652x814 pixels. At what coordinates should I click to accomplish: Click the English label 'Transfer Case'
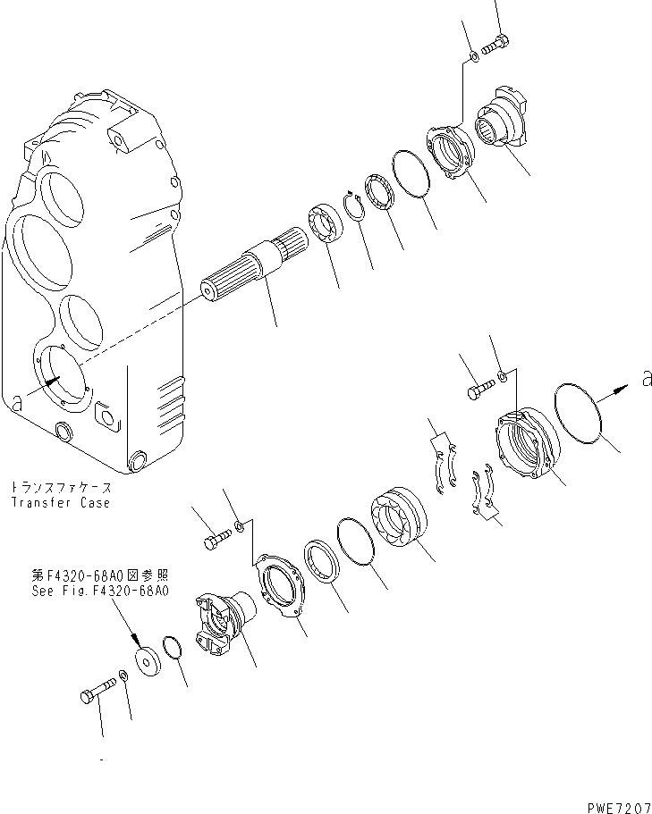pyautogui.click(x=61, y=503)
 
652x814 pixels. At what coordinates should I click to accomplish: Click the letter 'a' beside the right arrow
pyautogui.click(x=646, y=381)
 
